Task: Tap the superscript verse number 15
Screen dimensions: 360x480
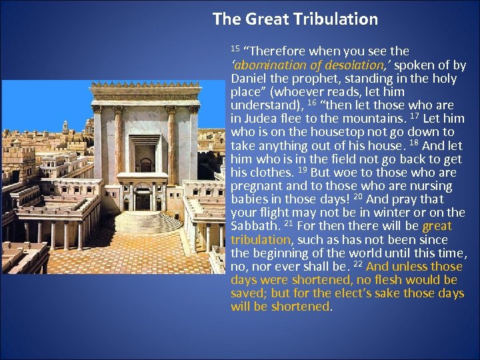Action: tap(235, 49)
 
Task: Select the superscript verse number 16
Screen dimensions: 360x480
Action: tap(311, 103)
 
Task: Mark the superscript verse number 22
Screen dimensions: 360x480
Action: tap(348, 263)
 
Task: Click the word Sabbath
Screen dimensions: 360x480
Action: tap(252, 226)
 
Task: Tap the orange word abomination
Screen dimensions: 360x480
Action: tap(267, 65)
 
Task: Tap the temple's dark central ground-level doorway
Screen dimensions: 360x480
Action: tap(143, 201)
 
